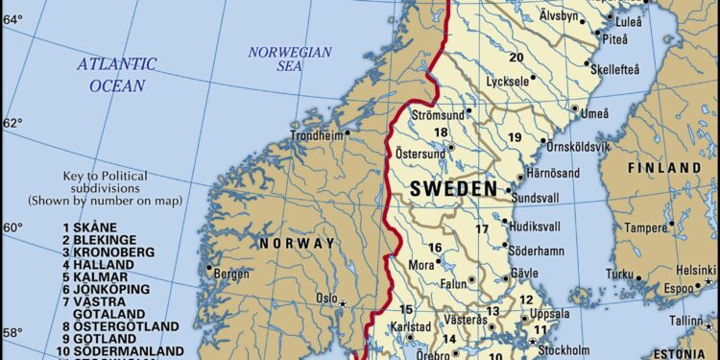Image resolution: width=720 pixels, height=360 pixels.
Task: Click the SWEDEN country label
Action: [x=454, y=189]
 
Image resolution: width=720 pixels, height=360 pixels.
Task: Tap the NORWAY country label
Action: [x=297, y=243]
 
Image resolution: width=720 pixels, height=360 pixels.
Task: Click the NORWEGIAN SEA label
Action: [x=289, y=59]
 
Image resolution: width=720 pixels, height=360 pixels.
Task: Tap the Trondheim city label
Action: [x=316, y=135]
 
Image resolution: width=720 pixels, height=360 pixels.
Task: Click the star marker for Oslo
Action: [x=343, y=303]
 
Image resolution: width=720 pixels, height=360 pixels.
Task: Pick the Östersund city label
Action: [x=420, y=154]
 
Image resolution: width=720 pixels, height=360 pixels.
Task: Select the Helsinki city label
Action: [x=695, y=269]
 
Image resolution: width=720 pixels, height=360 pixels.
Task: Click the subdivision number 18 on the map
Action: [x=441, y=132]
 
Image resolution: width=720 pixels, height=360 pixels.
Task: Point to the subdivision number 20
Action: [x=516, y=58]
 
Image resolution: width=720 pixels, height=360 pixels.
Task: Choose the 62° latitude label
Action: [x=12, y=123]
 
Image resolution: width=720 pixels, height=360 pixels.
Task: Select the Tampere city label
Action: [x=645, y=228]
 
